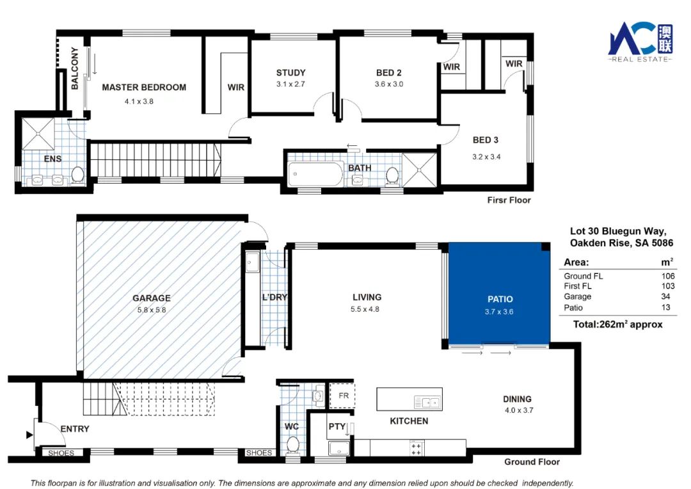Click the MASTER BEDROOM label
[144, 87]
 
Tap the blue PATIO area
[499, 293]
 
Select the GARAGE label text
[151, 298]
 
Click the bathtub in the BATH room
[315, 174]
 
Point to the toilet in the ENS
[77, 175]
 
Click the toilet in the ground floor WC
[292, 445]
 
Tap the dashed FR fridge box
[342, 396]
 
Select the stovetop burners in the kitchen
[416, 449]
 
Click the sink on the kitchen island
[427, 403]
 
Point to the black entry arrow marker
[29, 435]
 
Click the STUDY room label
[291, 73]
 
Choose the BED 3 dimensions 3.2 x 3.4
[486, 157]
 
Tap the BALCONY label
[75, 68]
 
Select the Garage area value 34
[665, 297]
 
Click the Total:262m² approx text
[618, 324]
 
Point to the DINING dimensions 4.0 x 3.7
[519, 410]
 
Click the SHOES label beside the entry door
[61, 453]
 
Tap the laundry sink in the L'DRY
[253, 262]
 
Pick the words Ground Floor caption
[532, 461]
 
